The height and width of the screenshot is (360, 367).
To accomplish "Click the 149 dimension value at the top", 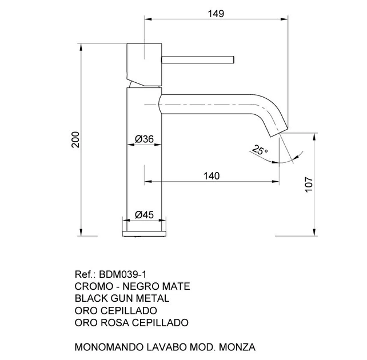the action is pos(216,14).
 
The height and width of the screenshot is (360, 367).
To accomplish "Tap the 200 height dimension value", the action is pos(75,139).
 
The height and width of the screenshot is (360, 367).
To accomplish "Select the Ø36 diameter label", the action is pos(144,139).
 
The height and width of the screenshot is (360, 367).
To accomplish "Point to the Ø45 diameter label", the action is pos(144,214).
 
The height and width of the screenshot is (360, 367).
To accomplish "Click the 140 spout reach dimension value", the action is pos(212,176).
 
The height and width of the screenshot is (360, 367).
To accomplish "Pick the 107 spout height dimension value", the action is pos(309,185).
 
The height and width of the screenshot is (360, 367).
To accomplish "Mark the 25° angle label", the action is pos(260,150).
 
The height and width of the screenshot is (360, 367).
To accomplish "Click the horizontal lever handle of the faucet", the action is pos(198,59).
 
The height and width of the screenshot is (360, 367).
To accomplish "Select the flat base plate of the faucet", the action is pos(144,234).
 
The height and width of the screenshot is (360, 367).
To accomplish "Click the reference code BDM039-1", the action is pos(123,274).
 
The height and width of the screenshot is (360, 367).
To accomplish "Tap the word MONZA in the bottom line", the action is pos(237,347).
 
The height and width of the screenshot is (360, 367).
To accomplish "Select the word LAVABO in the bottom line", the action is pos(167,347).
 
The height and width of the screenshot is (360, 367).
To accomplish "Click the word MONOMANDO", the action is pos(109,347).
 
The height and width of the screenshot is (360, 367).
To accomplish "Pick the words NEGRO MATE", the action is pos(157,286).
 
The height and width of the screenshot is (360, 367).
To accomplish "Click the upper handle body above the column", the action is pos(144,65).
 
